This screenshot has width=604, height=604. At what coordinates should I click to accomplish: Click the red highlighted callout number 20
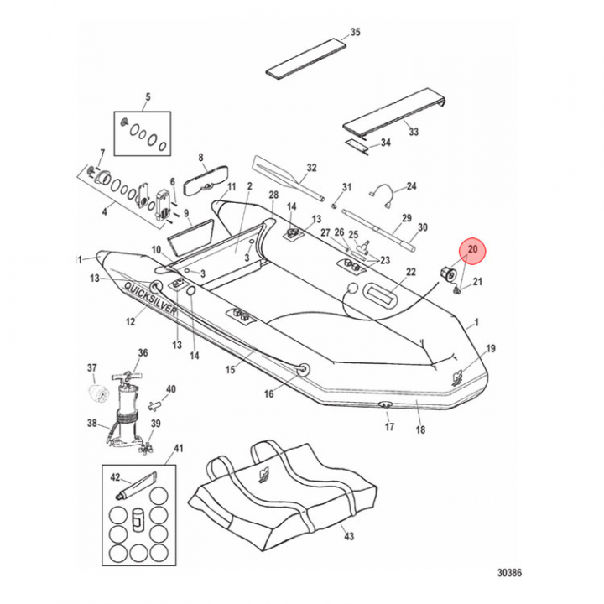(x=471, y=249)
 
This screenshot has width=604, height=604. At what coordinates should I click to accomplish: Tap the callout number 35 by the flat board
(x=355, y=33)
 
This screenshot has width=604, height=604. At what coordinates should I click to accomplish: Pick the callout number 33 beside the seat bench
(x=413, y=132)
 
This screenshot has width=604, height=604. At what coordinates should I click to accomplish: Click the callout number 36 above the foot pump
(x=143, y=353)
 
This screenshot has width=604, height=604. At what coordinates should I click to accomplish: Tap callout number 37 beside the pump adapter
(x=92, y=367)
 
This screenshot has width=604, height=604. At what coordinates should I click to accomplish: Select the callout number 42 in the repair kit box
(x=115, y=476)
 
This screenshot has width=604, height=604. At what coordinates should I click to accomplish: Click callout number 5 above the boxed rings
(x=148, y=97)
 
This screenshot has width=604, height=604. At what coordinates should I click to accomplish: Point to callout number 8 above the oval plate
(x=201, y=157)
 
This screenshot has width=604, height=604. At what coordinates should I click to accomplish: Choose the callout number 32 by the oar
(x=311, y=168)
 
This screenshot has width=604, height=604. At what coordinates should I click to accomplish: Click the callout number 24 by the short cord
(x=411, y=186)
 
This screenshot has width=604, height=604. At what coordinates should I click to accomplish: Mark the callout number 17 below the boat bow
(x=388, y=427)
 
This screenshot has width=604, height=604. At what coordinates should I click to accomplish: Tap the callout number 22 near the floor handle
(x=411, y=272)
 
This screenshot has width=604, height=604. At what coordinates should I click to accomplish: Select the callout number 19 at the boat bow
(x=491, y=348)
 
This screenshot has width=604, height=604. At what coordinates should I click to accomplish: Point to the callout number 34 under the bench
(x=385, y=143)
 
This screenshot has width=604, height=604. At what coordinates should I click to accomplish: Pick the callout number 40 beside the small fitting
(x=171, y=389)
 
